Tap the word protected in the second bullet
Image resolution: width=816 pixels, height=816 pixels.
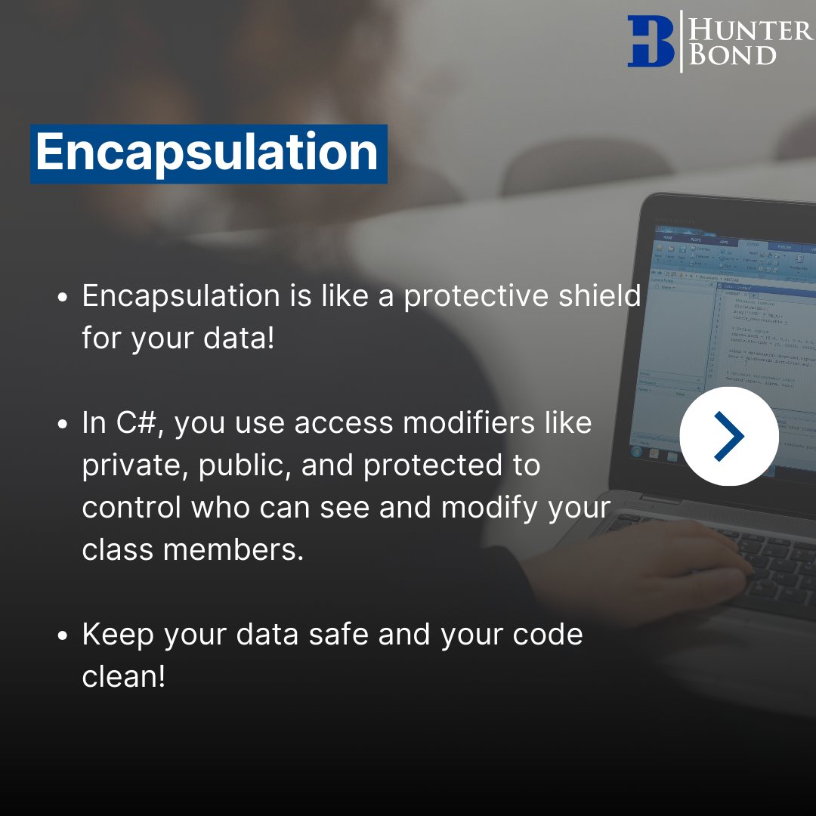click(431, 466)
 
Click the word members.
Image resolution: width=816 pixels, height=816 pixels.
click(233, 550)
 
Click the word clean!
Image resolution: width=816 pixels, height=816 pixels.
click(123, 676)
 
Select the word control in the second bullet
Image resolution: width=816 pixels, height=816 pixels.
click(131, 508)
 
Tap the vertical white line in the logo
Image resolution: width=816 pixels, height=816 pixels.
click(682, 42)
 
